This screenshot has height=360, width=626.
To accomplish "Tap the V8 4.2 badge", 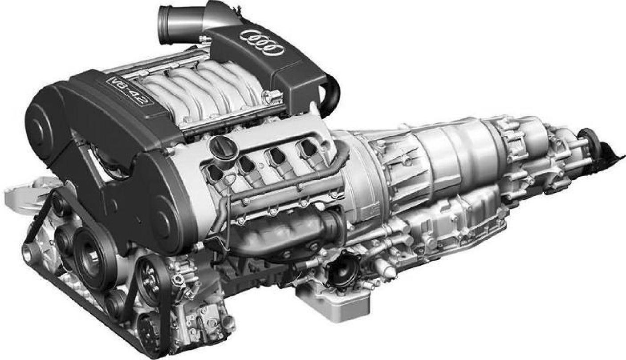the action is pyautogui.click(x=130, y=90).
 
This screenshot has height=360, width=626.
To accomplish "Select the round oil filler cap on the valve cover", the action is pyautogui.click(x=223, y=147).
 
